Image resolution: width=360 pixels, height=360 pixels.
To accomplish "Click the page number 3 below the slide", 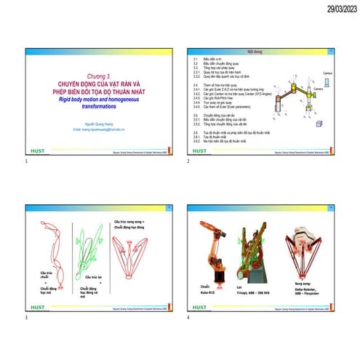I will point(26,318).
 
